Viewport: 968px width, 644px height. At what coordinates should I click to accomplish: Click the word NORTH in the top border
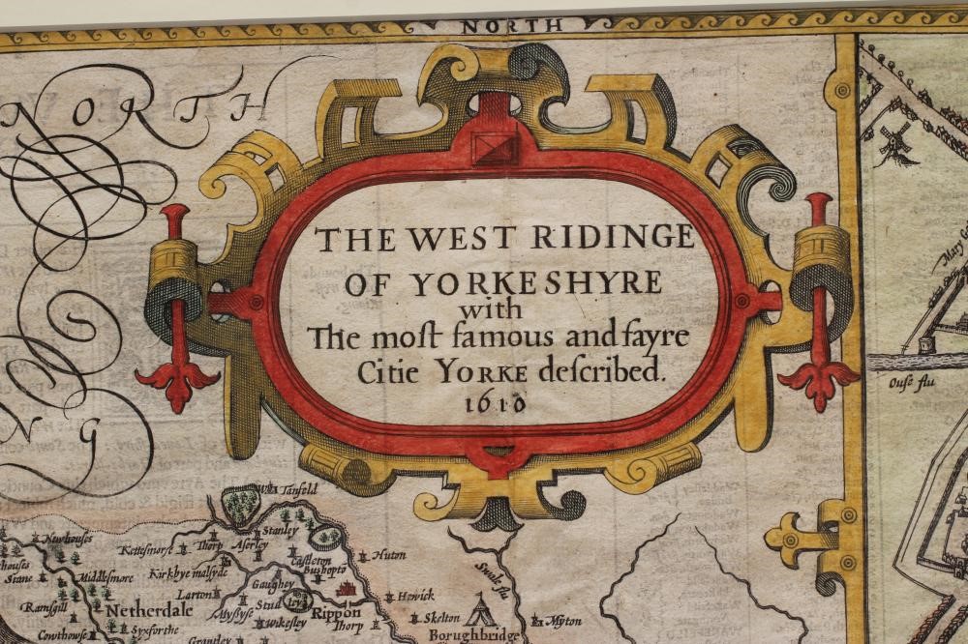[499, 26]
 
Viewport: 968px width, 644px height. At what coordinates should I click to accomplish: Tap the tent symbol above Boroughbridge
[479, 609]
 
